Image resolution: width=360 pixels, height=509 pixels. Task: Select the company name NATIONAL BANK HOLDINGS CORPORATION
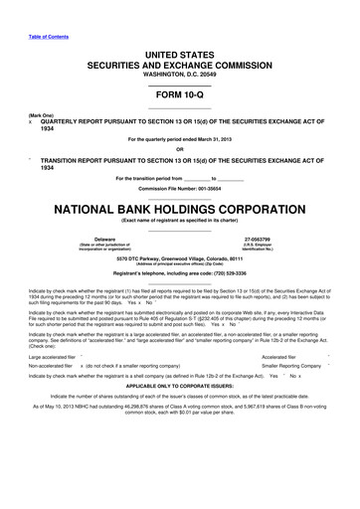pos(180,212)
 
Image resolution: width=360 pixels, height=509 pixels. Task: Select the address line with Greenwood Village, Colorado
pos(180,256)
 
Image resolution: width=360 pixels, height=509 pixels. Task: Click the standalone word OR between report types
pos(180,151)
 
